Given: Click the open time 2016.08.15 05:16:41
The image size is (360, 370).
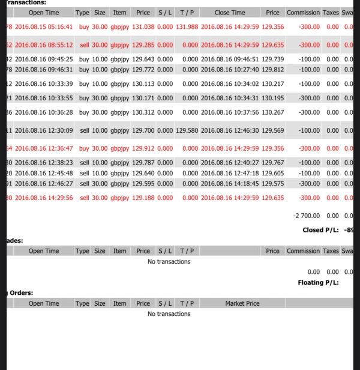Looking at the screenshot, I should point(44,27).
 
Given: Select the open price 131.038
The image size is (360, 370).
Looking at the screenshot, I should point(143,27).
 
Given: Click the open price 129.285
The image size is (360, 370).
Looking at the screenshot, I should point(143,45).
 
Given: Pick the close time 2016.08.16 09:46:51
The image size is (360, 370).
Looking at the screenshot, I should point(230,59).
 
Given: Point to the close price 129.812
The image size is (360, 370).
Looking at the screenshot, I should point(273,70).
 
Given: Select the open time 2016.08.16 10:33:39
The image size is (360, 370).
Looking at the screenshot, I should point(44,84).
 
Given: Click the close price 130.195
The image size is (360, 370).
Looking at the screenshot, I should point(273,98).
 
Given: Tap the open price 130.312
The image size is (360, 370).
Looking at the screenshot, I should point(143,112).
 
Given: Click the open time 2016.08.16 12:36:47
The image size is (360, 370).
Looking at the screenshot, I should point(44,148).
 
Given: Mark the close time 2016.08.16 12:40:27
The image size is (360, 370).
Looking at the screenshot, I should point(230,162).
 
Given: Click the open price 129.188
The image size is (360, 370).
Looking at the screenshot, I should point(143,198).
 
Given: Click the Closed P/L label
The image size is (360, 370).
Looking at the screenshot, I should point(321,230).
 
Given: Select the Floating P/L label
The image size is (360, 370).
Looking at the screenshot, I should point(318,282).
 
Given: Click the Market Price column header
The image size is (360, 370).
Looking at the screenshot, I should point(242,303).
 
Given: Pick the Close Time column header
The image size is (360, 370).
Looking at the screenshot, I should point(230,13).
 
